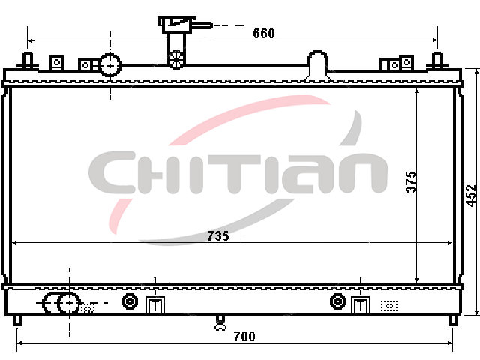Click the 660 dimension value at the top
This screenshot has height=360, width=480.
click(x=264, y=33)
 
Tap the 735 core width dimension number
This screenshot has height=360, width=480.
click(x=218, y=236)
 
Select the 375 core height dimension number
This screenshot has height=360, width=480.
click(x=411, y=181)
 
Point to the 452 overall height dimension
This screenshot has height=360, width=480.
click(x=471, y=196)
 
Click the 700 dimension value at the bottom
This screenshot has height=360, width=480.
click(x=244, y=337)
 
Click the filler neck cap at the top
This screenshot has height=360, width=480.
click(x=177, y=24)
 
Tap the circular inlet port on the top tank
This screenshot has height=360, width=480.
click(x=110, y=65)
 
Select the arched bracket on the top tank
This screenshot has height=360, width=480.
click(x=318, y=65)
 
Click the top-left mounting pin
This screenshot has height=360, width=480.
click(x=28, y=61)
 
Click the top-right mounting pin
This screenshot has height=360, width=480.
click(x=436, y=61)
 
